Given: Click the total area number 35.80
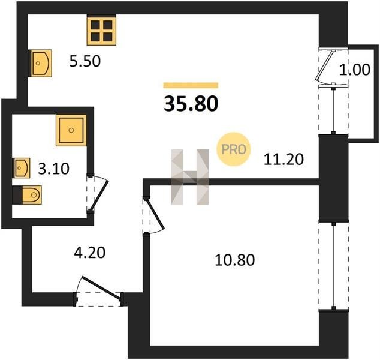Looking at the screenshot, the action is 191,104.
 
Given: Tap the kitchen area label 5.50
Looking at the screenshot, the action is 85,61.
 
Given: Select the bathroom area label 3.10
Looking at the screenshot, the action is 53,169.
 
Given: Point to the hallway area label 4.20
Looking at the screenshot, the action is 89,252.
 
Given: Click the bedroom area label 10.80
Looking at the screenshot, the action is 234,260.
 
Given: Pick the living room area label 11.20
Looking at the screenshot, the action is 284,160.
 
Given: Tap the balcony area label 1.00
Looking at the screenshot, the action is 355,70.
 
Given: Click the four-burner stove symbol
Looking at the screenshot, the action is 101,31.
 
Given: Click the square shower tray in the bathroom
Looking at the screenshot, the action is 71,130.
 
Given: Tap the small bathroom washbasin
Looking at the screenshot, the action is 22,168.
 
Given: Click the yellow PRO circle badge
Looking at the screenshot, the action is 233,149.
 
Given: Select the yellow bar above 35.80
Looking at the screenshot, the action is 191,85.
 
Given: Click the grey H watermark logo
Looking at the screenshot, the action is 190,177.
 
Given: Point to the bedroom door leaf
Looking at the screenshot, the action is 155,214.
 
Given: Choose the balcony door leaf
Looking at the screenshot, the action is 325,65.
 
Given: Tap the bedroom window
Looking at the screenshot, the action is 334,266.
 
